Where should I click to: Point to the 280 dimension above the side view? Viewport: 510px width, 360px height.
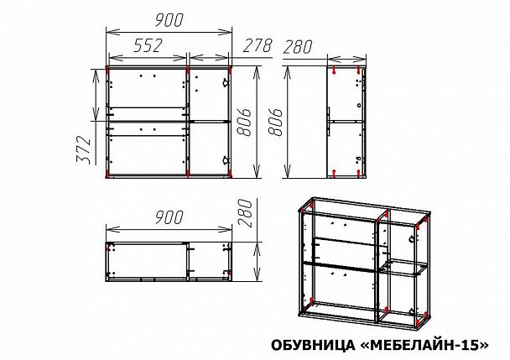point(299,48)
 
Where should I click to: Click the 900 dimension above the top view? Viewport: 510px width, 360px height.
point(169,217)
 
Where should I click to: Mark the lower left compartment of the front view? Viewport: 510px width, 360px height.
point(148,149)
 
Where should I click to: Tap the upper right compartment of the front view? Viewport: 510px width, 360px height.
point(210,92)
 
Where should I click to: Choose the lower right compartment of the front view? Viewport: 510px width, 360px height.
point(210,149)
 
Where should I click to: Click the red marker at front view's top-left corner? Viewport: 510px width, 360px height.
point(110,67)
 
